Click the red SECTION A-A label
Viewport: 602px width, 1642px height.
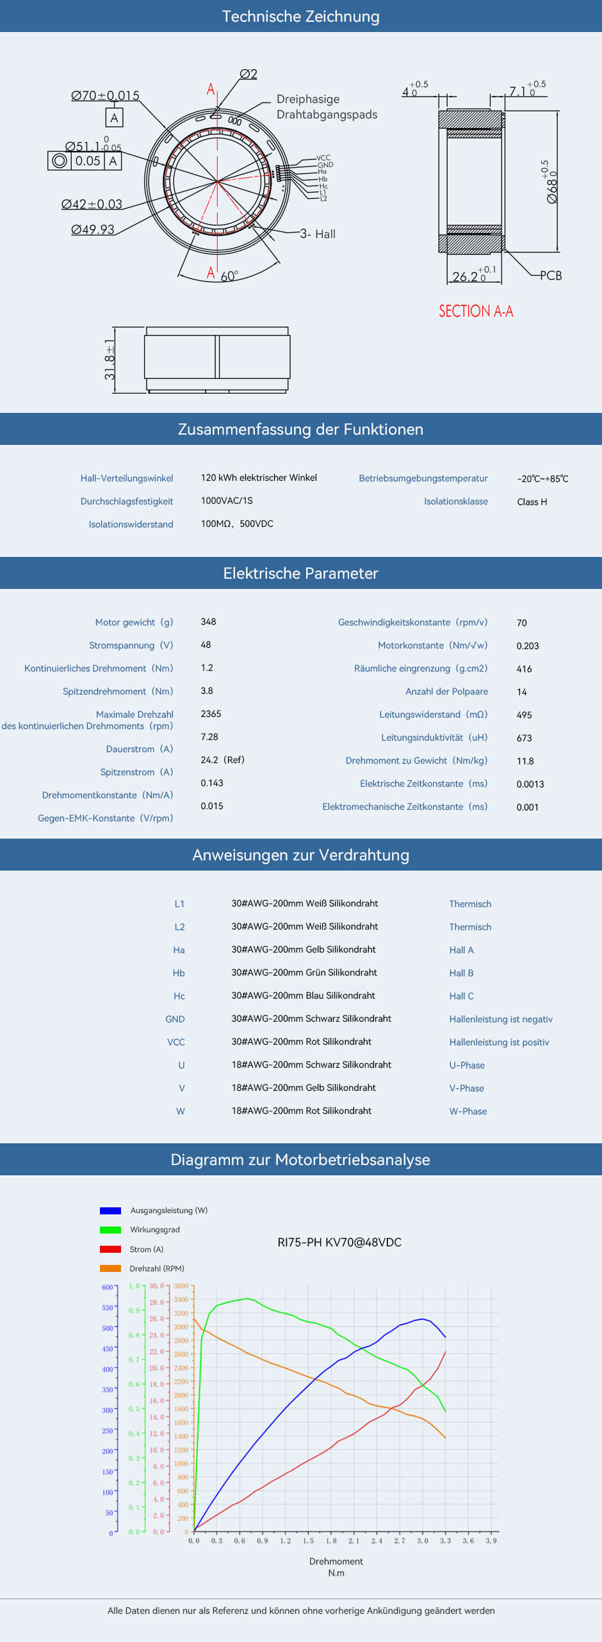[x=476, y=312]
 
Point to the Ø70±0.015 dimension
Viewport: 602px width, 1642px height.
[x=105, y=96]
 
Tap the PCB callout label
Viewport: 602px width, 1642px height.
[x=551, y=276]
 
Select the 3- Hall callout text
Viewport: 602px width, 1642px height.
[x=318, y=234]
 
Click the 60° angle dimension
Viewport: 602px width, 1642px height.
[x=229, y=277]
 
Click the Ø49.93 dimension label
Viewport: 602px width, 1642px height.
[x=93, y=230]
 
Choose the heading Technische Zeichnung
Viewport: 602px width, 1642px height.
[x=300, y=17]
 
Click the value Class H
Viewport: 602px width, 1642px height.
[x=532, y=502]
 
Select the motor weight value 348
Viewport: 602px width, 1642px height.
[x=208, y=622]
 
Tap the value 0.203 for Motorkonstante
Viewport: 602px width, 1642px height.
[x=527, y=646]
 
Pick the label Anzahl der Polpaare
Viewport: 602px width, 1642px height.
[x=446, y=691]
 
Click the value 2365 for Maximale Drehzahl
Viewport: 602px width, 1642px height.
[x=211, y=714]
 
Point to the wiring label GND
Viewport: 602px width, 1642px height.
[x=175, y=1019]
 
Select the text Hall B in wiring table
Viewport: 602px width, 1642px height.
[x=461, y=973]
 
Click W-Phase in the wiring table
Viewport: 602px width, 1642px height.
[x=468, y=1111]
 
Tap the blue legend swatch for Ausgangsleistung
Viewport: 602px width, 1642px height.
[x=110, y=1211]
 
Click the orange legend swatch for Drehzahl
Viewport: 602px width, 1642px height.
[x=110, y=1268]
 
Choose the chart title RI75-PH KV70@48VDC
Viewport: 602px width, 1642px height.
[x=339, y=1243]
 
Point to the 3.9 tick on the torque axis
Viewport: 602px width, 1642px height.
[x=491, y=1541]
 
